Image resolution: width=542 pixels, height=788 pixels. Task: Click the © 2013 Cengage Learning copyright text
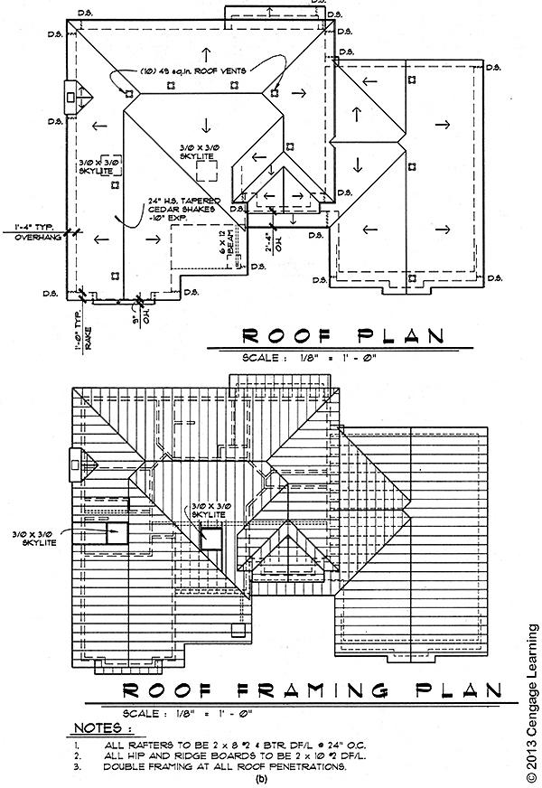click(x=530, y=700)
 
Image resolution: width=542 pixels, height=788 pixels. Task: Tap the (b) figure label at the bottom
click(x=262, y=778)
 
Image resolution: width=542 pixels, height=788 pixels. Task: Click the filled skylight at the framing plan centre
click(x=210, y=538)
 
